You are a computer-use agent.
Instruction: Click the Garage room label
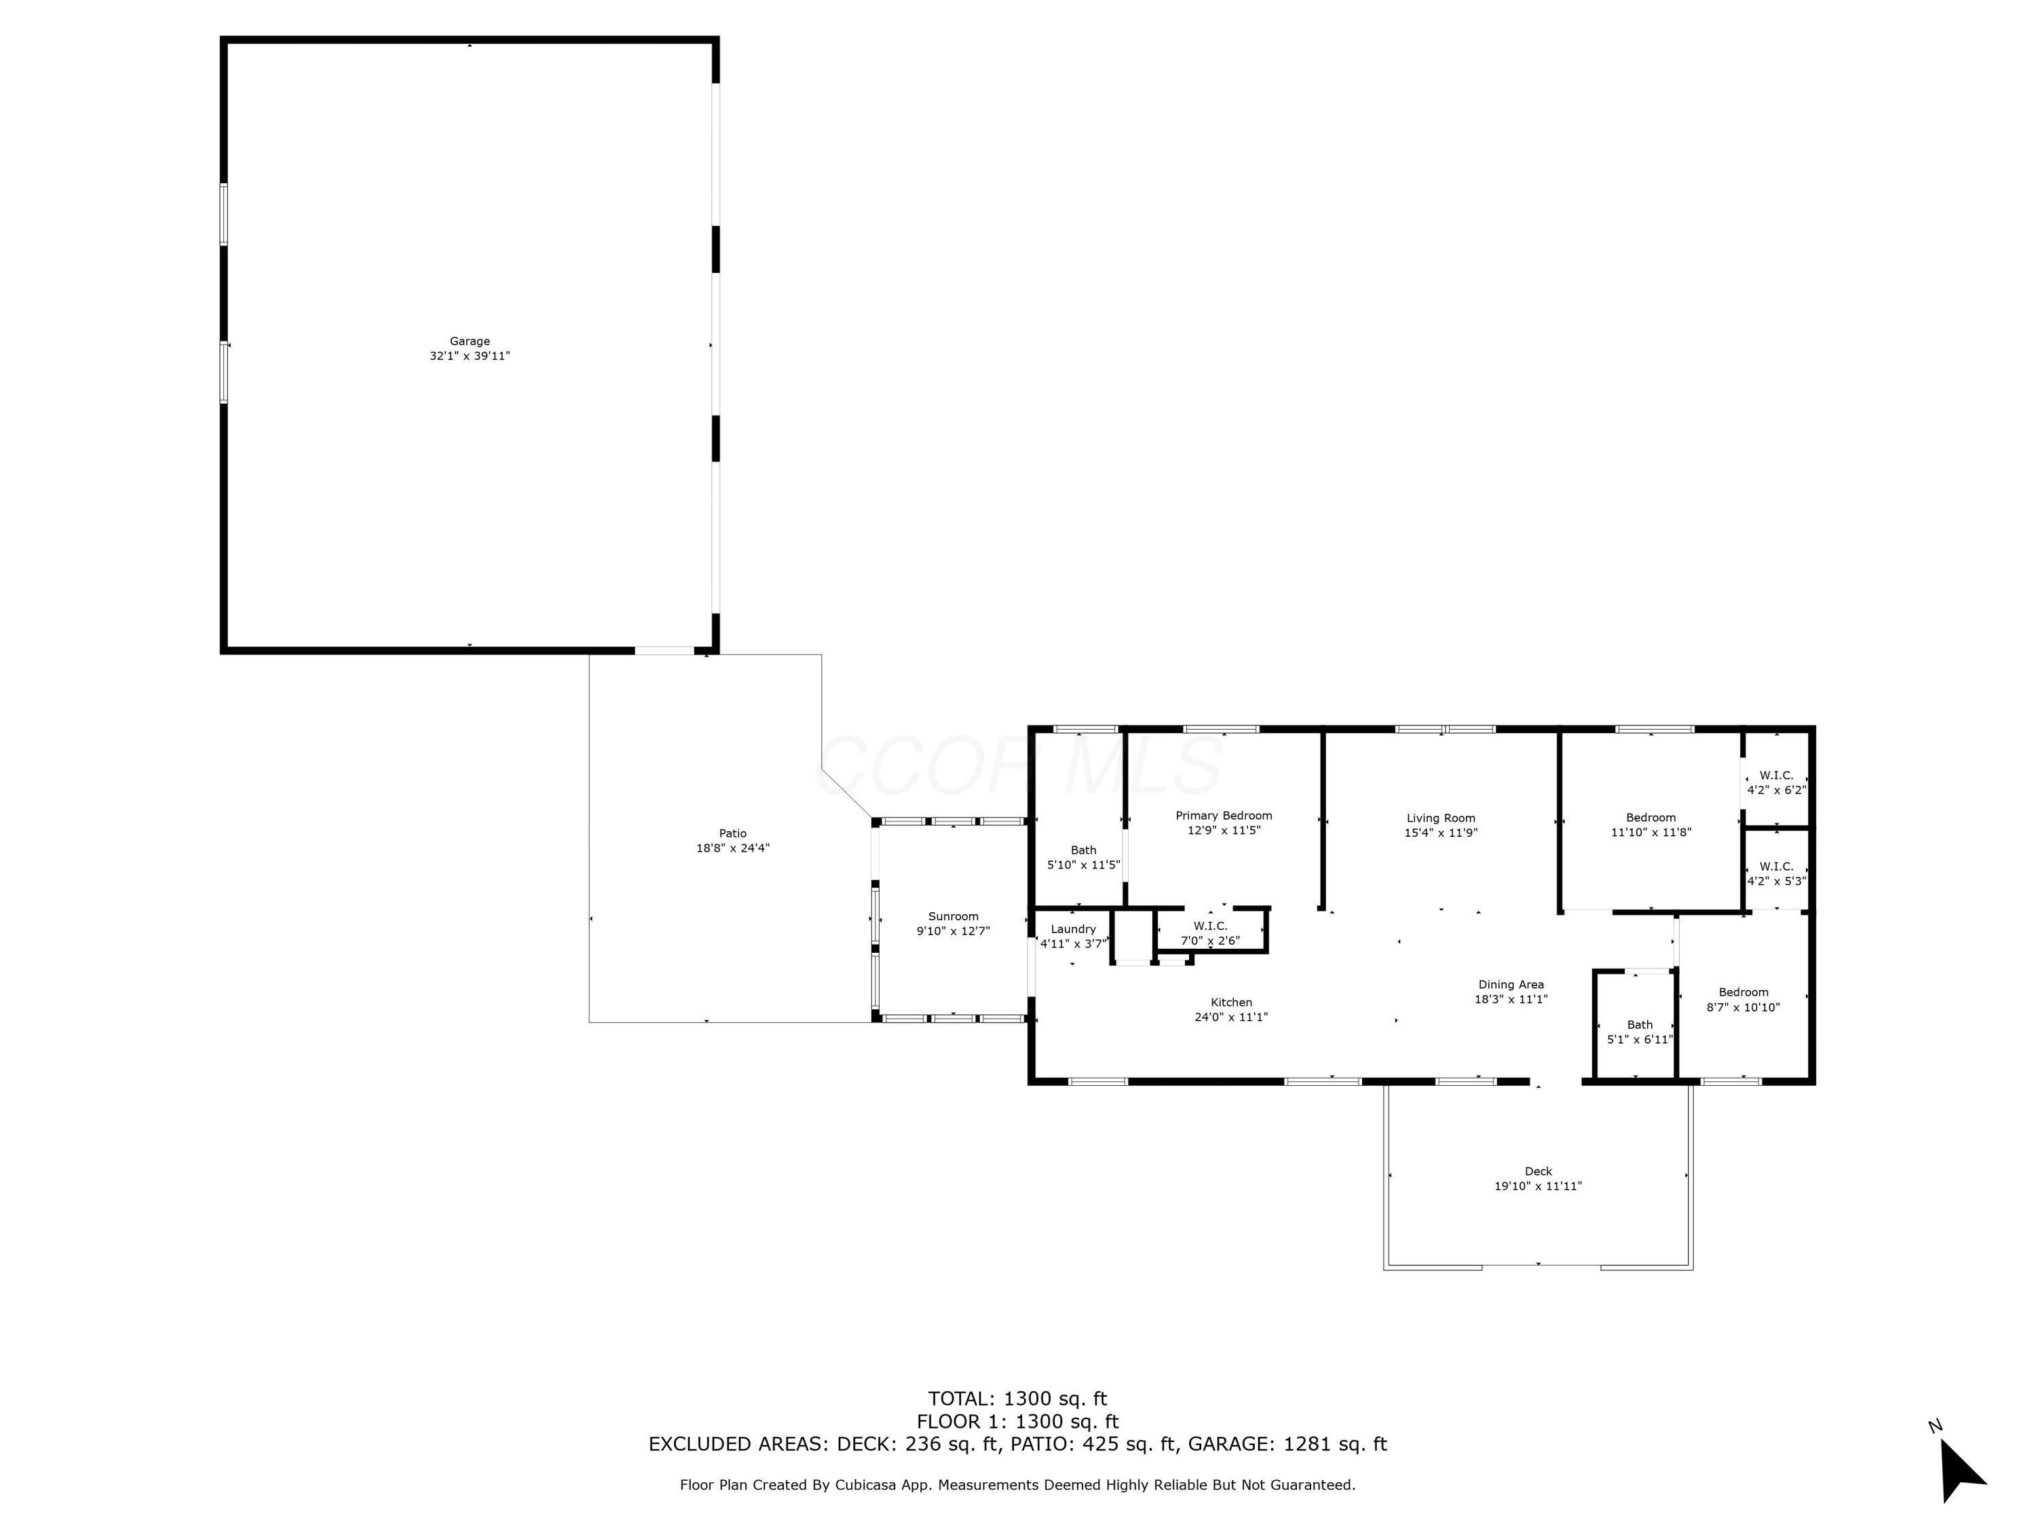[x=470, y=341]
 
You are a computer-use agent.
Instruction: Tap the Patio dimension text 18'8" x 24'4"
[x=733, y=848]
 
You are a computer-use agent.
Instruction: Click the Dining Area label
[x=1511, y=985]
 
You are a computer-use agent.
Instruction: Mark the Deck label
[x=1538, y=1171]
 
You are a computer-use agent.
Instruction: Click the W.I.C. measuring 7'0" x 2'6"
[x=1210, y=933]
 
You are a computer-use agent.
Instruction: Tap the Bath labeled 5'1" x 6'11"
[x=1639, y=1032]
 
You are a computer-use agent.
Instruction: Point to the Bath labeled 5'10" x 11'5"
[x=1083, y=858]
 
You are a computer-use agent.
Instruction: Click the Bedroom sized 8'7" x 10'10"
[x=1743, y=1000]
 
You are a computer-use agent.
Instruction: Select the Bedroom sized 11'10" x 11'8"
[x=1651, y=825]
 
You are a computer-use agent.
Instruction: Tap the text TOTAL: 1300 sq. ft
[x=1017, y=1399]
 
